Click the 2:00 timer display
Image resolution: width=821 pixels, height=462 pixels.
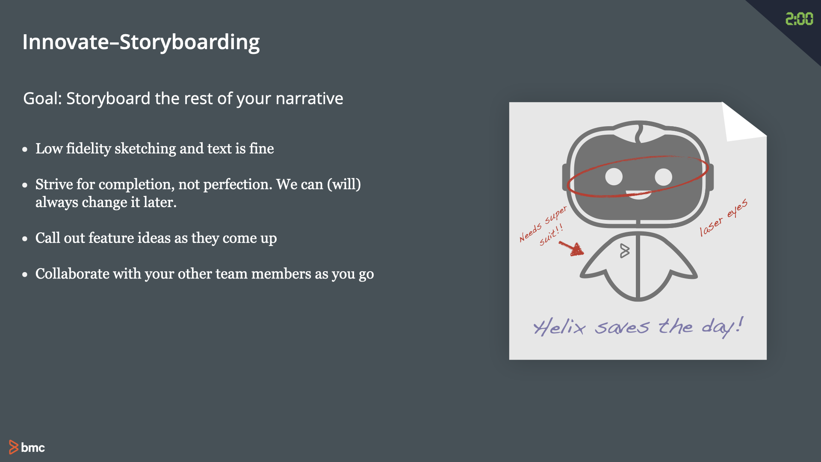point(799,19)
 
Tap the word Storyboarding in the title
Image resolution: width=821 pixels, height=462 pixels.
point(189,43)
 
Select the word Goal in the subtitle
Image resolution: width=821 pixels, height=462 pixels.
point(41,98)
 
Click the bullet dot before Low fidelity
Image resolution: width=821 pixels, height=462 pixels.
point(25,149)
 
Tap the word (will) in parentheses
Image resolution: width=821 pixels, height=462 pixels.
point(344,184)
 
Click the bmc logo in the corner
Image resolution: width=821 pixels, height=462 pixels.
point(27,447)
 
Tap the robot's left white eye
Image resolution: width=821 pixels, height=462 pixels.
point(614,177)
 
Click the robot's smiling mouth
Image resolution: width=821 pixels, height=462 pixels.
point(639,195)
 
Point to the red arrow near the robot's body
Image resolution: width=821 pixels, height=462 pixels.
point(572,248)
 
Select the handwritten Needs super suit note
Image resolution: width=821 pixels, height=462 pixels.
point(543,226)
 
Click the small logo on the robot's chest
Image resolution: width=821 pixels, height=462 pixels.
point(625,251)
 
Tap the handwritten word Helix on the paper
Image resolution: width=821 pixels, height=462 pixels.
point(559,327)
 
